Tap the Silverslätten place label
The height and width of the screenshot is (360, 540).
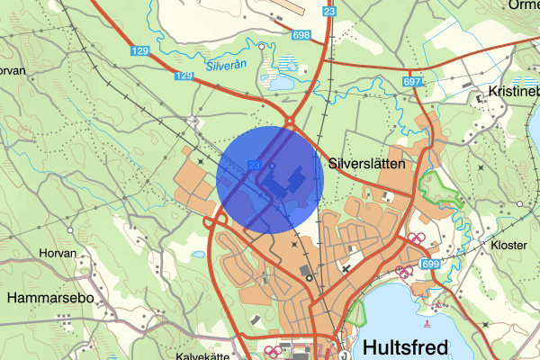373,165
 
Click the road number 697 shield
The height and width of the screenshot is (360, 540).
413,82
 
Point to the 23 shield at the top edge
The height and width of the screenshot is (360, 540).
329,12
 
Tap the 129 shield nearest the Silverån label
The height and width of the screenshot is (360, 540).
184,76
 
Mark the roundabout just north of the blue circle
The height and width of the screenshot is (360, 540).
292,123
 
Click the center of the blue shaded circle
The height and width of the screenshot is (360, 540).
270,179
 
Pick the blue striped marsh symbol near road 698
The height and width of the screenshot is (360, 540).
288,64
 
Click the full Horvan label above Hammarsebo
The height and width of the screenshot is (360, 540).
58,253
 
